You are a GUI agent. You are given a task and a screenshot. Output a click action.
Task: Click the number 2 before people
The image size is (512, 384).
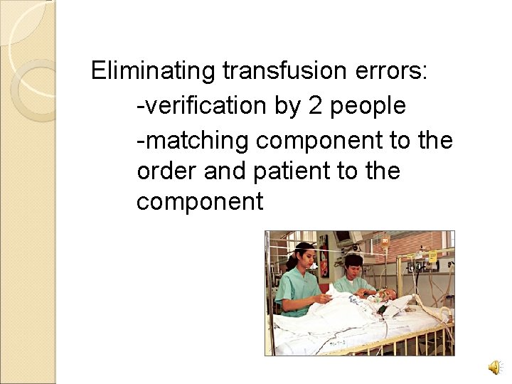coord(315,106)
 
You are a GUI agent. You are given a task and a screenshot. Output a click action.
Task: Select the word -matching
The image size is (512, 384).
coord(193,140)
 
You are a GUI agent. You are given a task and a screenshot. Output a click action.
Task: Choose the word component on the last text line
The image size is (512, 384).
coord(199,203)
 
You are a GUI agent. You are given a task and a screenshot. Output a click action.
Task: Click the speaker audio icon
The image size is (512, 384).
coord(493,367)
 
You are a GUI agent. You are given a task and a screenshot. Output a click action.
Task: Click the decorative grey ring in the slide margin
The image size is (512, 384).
coord(32,89)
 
